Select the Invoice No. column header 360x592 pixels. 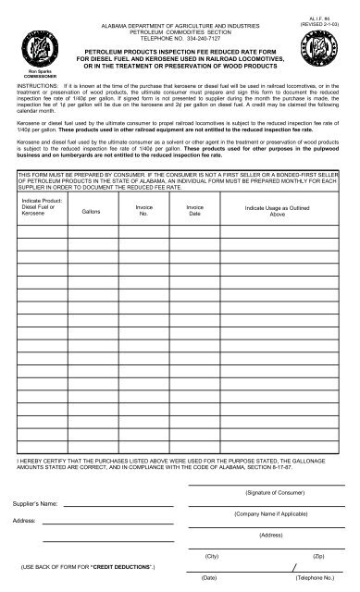coord(143,212)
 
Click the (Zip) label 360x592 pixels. coord(318,555)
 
